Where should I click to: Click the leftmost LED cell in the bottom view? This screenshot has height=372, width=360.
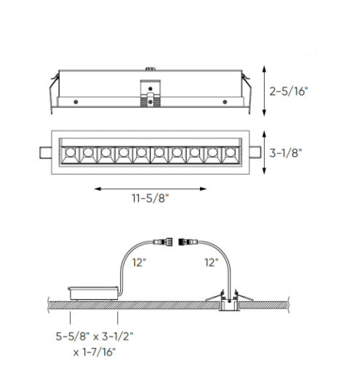[x=71, y=154]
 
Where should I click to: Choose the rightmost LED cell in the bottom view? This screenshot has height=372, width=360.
[x=233, y=154]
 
